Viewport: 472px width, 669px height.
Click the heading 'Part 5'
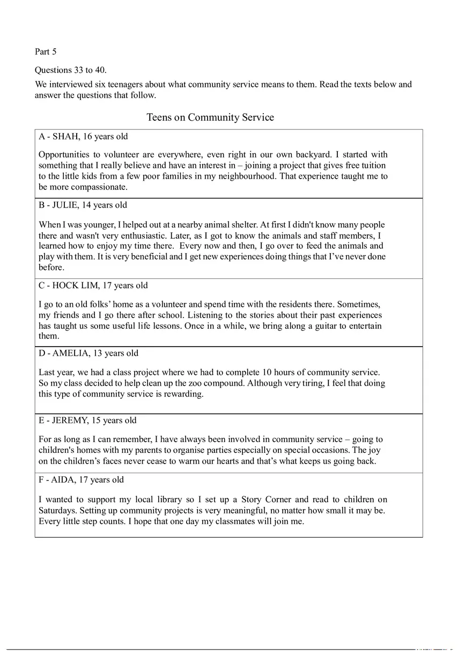point(46,52)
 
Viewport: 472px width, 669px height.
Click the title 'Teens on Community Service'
point(210,117)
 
